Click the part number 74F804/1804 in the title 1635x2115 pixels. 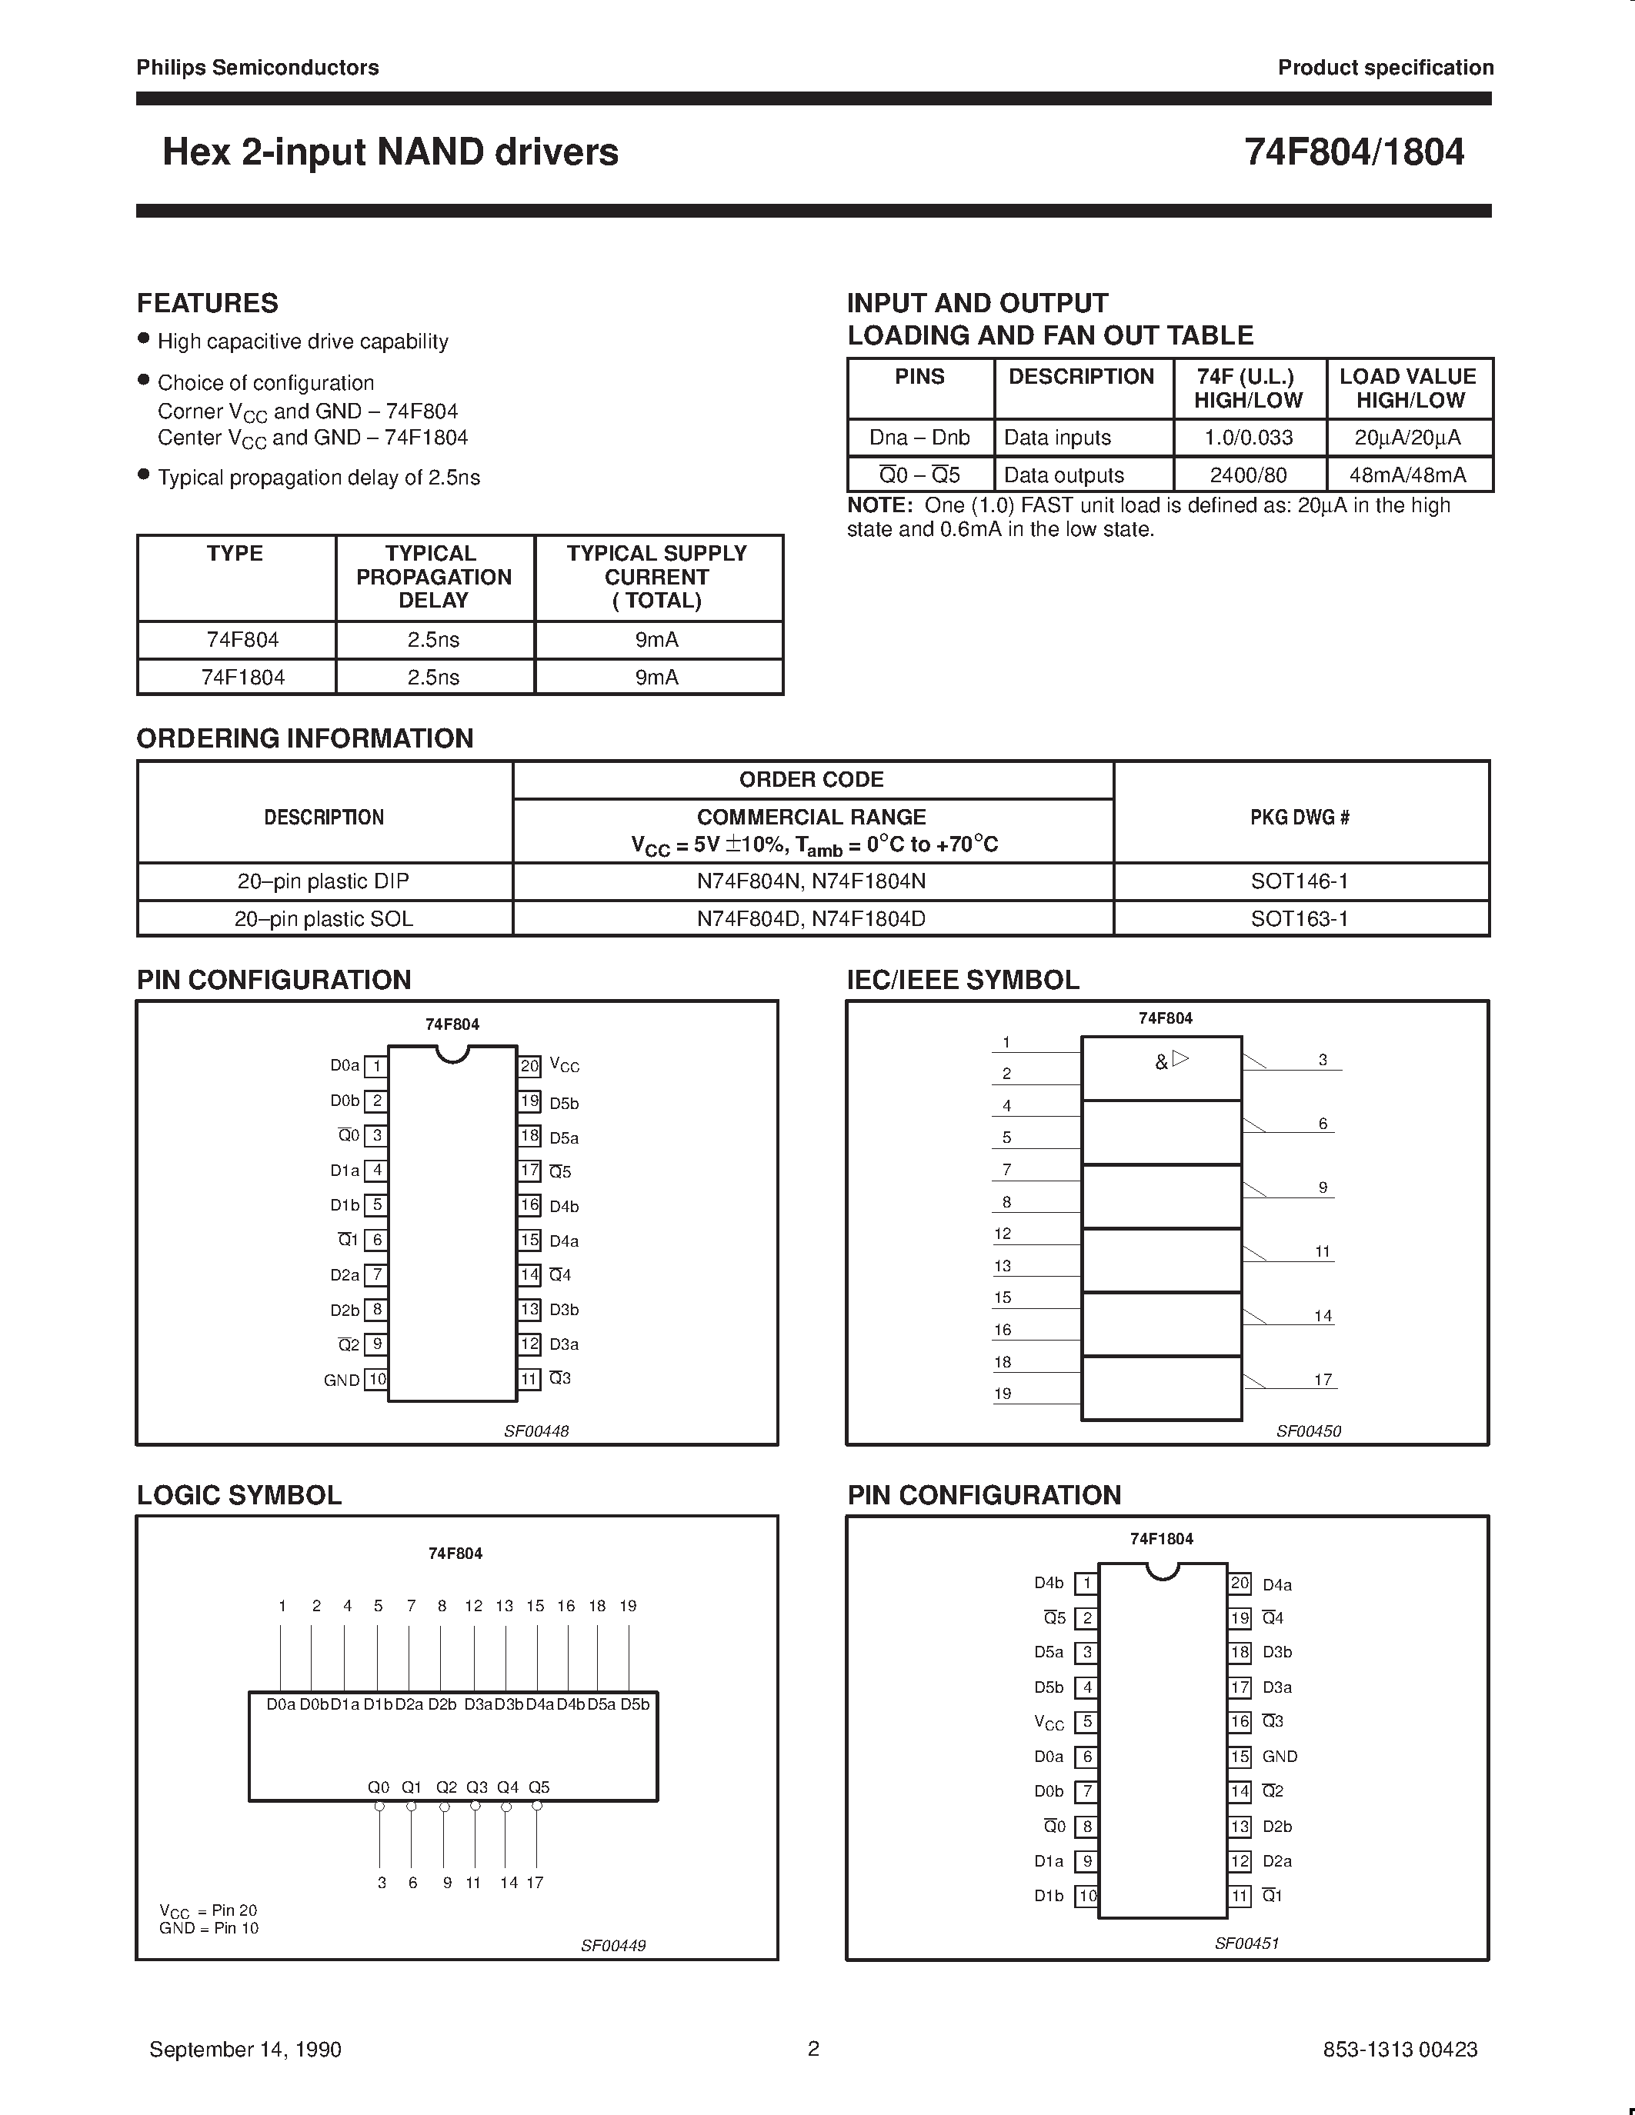pyautogui.click(x=1353, y=152)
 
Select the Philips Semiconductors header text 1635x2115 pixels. pyautogui.click(x=258, y=68)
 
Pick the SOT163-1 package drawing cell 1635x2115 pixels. pyautogui.click(x=1299, y=918)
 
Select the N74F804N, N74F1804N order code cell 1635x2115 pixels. pyautogui.click(x=811, y=881)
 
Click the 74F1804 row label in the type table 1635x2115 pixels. pyautogui.click(x=242, y=678)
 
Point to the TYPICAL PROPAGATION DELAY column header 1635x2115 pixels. pyautogui.click(x=433, y=577)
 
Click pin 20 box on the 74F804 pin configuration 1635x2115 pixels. pyautogui.click(x=529, y=1066)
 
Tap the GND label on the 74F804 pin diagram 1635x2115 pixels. pyautogui.click(x=342, y=1380)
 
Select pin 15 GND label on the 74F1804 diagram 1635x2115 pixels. pyautogui.click(x=1280, y=1757)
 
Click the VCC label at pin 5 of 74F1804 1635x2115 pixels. pyautogui.click(x=1049, y=1723)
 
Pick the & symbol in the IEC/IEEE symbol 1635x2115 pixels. pyautogui.click(x=1161, y=1062)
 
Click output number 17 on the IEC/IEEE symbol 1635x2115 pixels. pyautogui.click(x=1323, y=1379)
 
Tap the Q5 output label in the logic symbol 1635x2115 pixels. pyautogui.click(x=539, y=1787)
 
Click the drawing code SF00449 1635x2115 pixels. pyautogui.click(x=613, y=1946)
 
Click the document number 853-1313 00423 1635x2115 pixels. pyautogui.click(x=1400, y=2049)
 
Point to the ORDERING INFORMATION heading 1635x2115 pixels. pyautogui.click(x=305, y=739)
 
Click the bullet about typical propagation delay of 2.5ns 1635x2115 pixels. pyautogui.click(x=318, y=478)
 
